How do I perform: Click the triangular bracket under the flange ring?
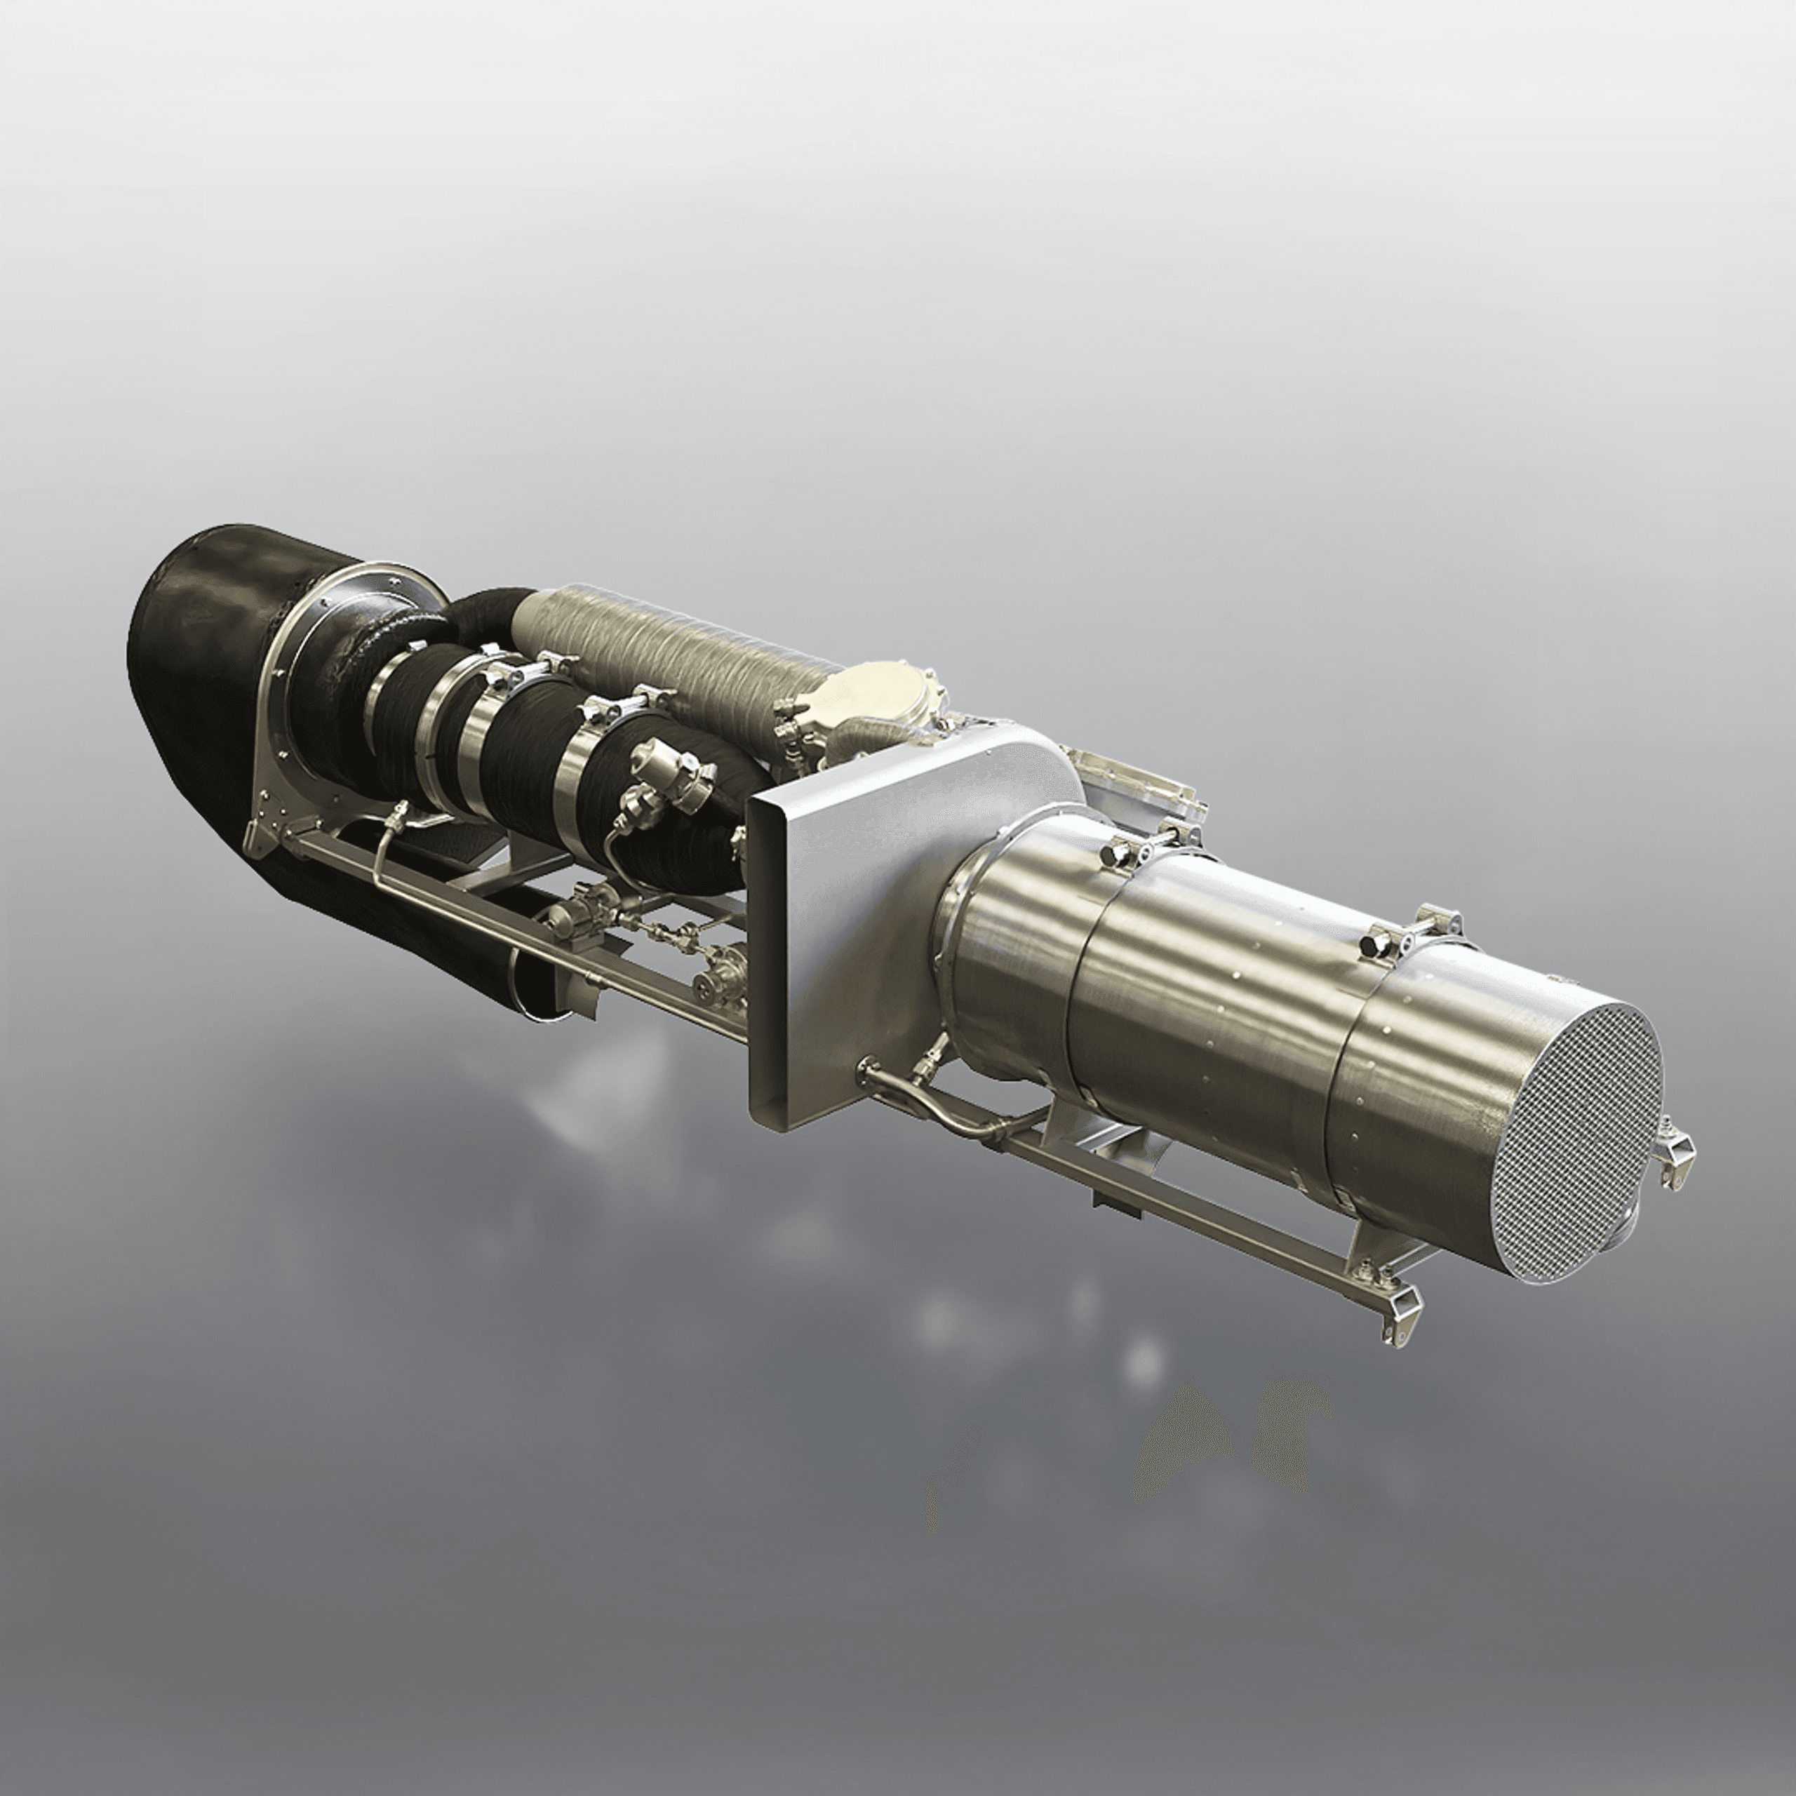pos(274,818)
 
